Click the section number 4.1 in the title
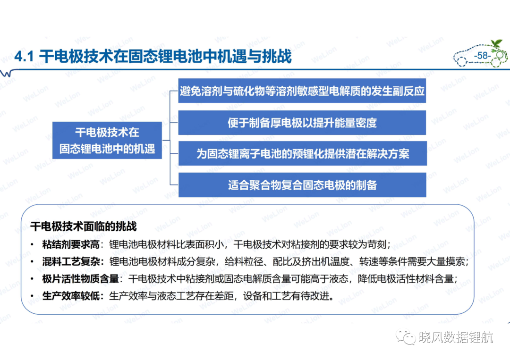[x=24, y=57]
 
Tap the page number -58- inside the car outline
[x=482, y=56]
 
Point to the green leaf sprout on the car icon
[x=496, y=43]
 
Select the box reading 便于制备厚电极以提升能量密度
[x=302, y=123]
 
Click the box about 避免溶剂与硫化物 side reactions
[x=302, y=91]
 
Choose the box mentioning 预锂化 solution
[x=303, y=153]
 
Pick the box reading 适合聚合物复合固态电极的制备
[x=303, y=185]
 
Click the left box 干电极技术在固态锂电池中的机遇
[x=107, y=140]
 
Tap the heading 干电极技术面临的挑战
[x=84, y=226]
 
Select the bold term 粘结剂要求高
[x=71, y=244]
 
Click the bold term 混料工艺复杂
[x=71, y=261]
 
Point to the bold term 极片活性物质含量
[x=80, y=279]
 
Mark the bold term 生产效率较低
[x=71, y=296]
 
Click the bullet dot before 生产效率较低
[x=32, y=296]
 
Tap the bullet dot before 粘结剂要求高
[x=32, y=244]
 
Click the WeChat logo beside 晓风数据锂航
[x=406, y=337]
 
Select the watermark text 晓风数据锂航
[x=456, y=337]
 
